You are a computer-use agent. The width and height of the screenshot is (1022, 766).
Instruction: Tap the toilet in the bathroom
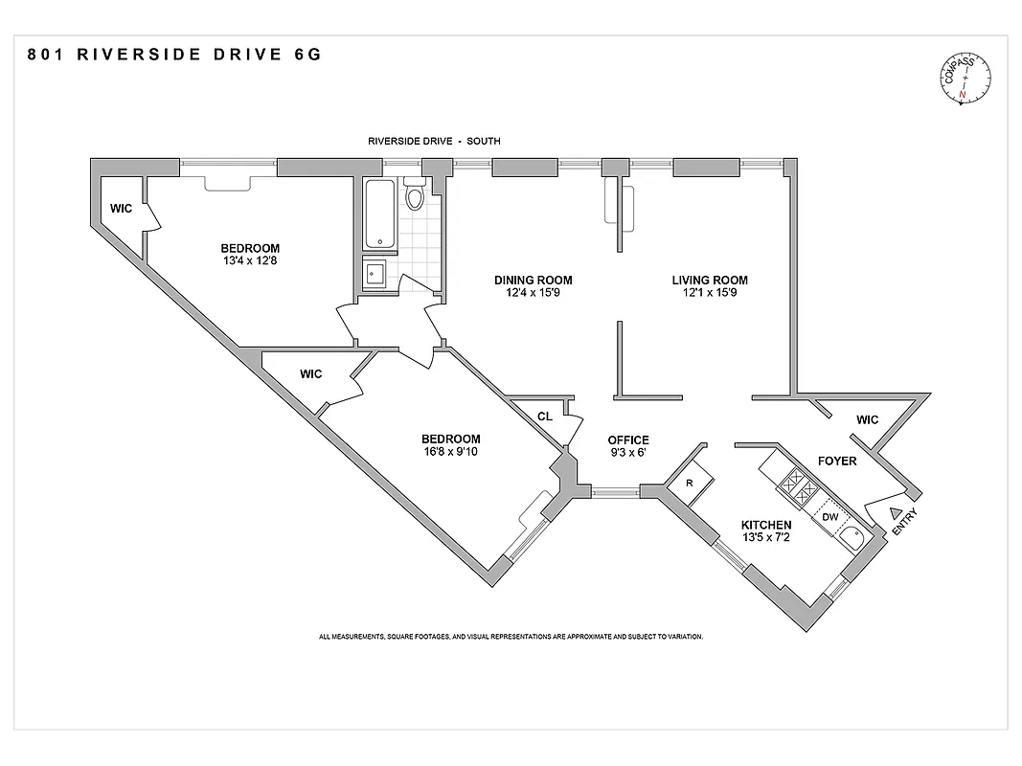[415, 195]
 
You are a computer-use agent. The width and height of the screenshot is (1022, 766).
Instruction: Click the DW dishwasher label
[830, 517]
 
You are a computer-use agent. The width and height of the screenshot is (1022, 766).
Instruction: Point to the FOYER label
[837, 461]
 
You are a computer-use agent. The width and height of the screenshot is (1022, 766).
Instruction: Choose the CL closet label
[544, 417]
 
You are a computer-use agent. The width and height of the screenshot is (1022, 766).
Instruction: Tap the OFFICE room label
[628, 440]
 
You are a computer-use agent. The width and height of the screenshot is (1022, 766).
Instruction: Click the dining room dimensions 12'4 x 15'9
[534, 293]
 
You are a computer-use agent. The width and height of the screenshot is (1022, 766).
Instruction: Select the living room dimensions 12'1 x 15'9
[710, 293]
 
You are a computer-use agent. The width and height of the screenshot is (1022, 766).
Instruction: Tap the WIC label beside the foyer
[867, 419]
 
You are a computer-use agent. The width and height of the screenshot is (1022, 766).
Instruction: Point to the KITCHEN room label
[766, 525]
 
